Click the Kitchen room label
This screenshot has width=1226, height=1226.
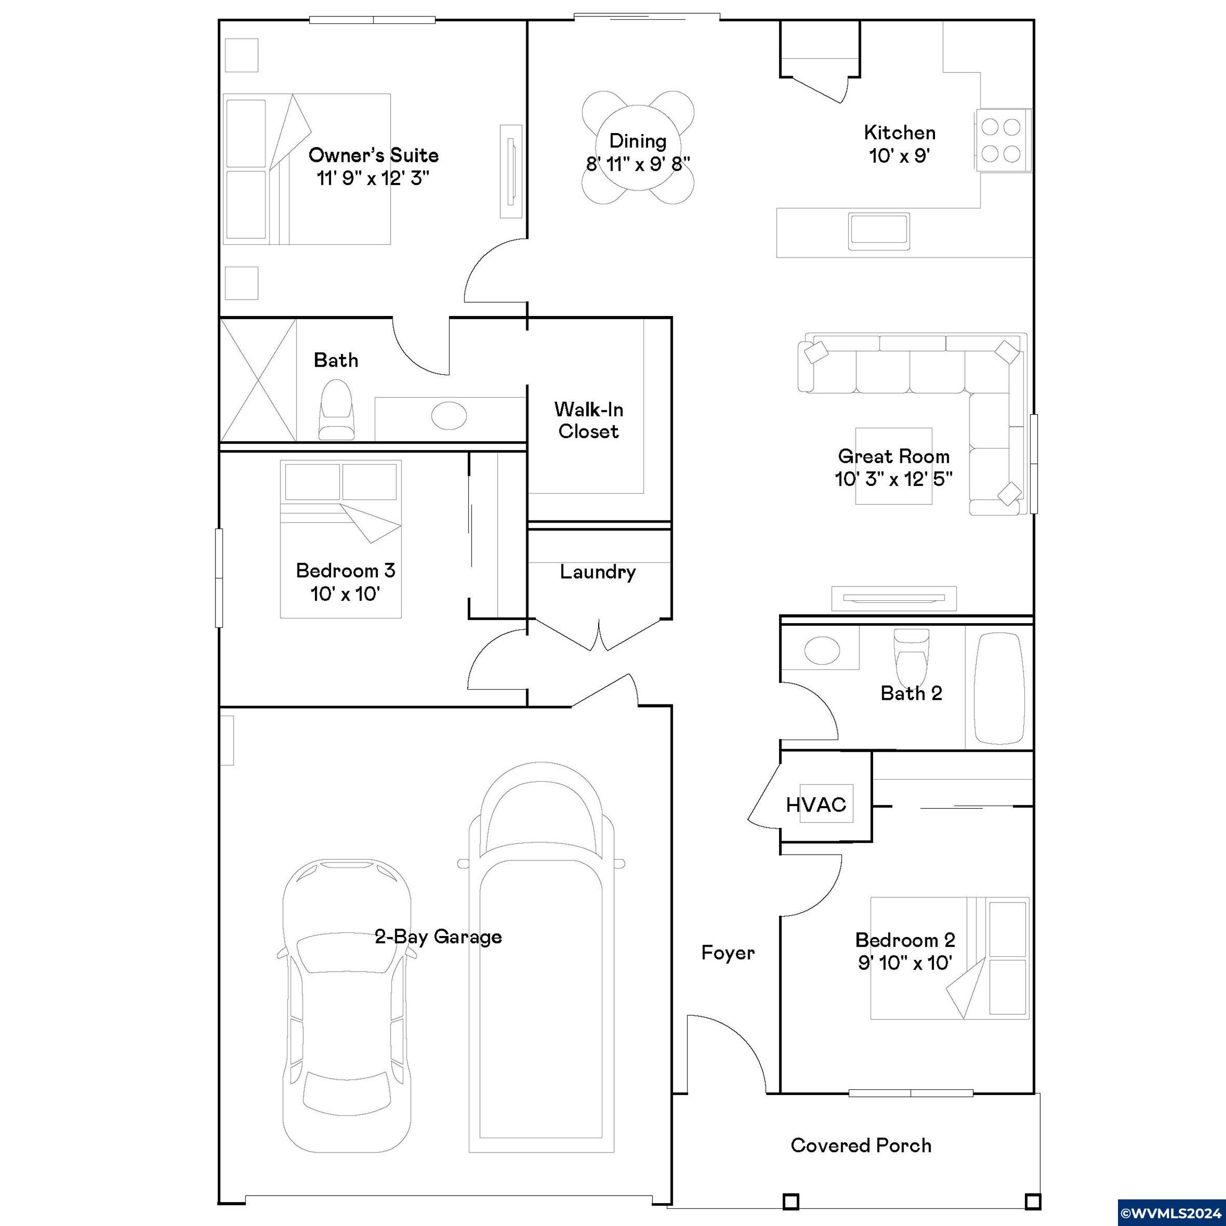[x=899, y=132]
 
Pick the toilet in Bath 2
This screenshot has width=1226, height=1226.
[x=910, y=653]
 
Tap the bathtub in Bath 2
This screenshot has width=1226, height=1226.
[x=999, y=688]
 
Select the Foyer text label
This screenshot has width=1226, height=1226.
[x=728, y=952]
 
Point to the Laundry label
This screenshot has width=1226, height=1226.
[x=598, y=573]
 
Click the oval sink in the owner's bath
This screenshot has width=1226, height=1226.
[x=449, y=416]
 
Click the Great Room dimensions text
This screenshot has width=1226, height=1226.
[x=893, y=478]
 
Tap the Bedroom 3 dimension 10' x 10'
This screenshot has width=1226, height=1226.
[x=345, y=594]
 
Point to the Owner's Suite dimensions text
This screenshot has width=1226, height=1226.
[x=373, y=178]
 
